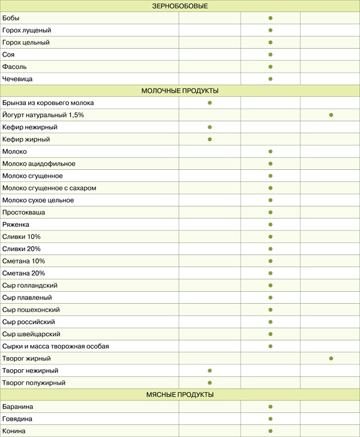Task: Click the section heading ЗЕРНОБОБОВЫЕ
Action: coord(179,6)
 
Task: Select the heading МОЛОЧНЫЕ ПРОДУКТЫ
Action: coord(179,91)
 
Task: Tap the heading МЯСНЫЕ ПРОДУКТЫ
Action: coord(179,394)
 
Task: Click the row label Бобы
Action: coord(11,18)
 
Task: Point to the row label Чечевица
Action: coord(17,79)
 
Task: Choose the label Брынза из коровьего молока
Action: coord(48,103)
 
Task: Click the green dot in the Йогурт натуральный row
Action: coord(331,115)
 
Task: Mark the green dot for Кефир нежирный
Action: coord(209,127)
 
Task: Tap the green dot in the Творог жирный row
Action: coord(331,358)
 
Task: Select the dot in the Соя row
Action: coord(271,55)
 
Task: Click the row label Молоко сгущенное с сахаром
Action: coord(49,188)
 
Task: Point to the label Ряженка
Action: coord(16,225)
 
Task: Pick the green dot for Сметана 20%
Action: coord(271,273)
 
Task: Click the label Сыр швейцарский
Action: coord(31,334)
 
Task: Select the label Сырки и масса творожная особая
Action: coord(56,346)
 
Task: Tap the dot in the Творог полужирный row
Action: coord(209,382)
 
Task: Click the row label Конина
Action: coord(14,431)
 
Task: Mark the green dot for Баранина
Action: coord(271,407)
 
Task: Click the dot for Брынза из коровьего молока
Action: coord(209,103)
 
